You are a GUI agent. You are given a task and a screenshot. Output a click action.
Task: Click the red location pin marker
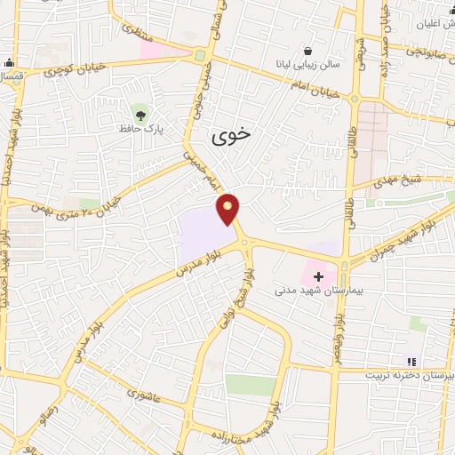click(x=229, y=208)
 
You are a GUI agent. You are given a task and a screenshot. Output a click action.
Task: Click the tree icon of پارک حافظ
click(x=139, y=112)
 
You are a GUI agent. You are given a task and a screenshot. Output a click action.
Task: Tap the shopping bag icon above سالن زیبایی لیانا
click(x=307, y=51)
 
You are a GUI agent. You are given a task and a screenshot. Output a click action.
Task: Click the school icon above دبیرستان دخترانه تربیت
click(x=411, y=360)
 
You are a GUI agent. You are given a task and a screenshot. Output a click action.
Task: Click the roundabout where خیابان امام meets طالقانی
click(x=355, y=99)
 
